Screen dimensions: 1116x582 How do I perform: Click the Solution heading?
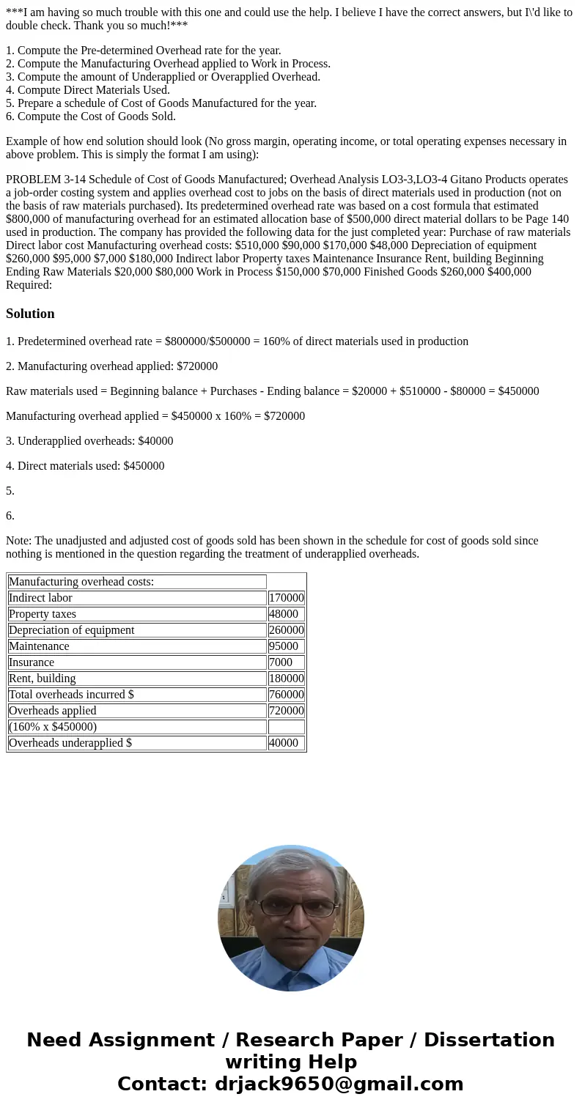coord(30,314)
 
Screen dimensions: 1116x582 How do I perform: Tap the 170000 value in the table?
coord(286,598)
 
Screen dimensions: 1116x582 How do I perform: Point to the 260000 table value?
coord(286,630)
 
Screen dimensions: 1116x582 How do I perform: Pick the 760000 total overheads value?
coord(286,695)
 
